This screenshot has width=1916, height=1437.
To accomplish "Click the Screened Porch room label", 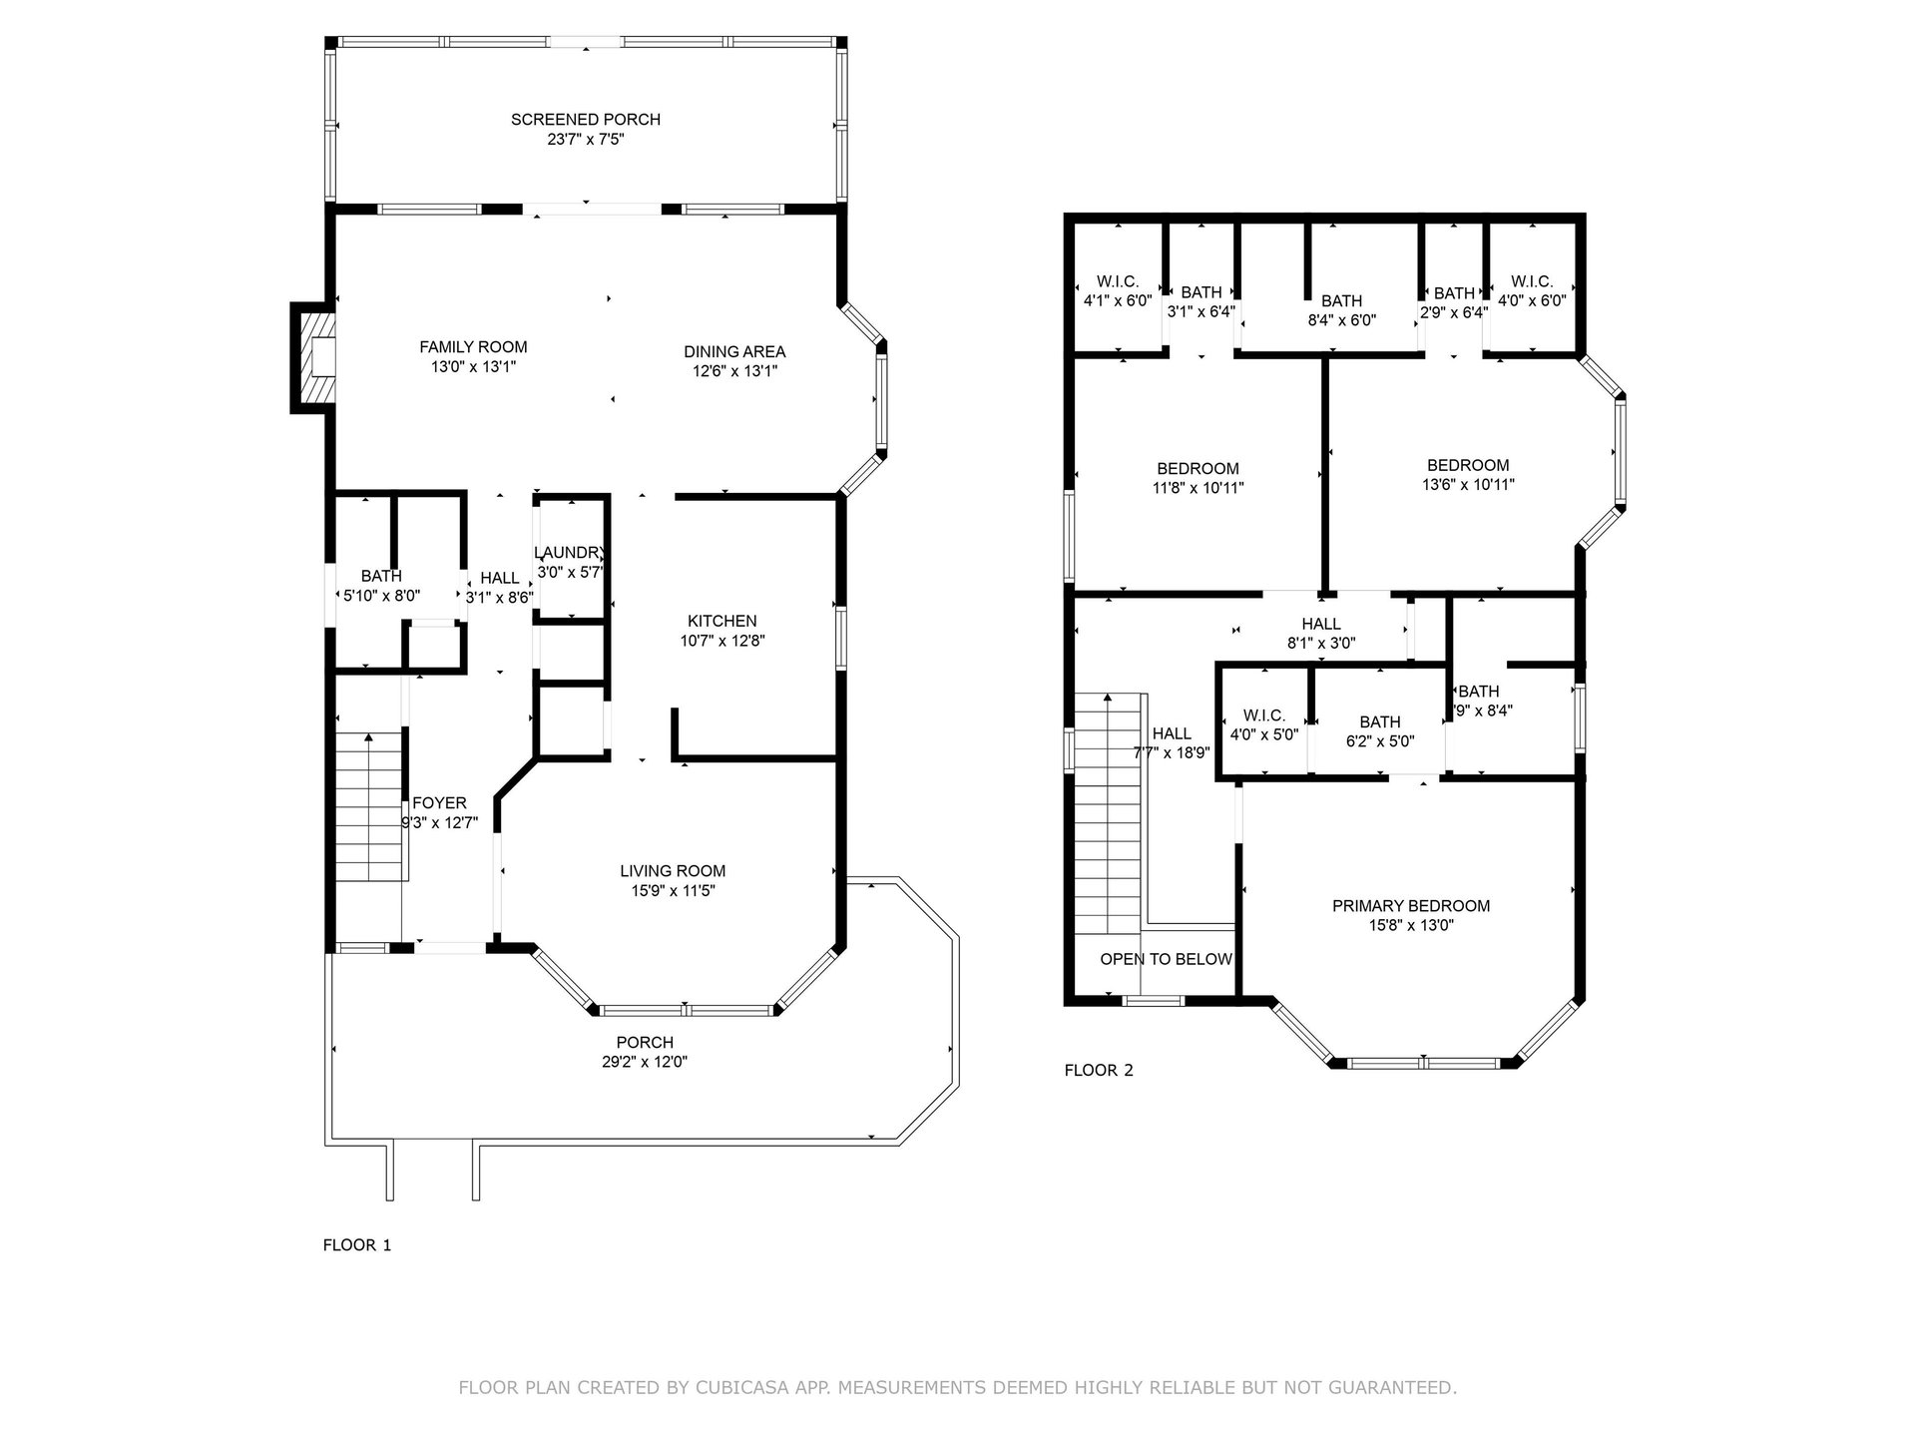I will (586, 120).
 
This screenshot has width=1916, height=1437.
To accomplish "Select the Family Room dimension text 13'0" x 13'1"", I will (473, 367).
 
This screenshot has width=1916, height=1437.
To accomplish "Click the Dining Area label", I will (734, 351).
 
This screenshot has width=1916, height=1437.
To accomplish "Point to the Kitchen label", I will (721, 621).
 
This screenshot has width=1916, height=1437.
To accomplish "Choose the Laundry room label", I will (570, 553).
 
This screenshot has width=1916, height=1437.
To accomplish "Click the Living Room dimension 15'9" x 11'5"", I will (673, 891).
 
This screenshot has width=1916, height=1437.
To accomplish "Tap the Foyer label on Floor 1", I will (439, 803).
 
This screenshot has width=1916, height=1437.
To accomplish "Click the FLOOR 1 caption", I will (357, 1245).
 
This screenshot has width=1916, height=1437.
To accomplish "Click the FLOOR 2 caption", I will (1099, 1071).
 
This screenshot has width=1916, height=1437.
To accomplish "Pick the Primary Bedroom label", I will (1411, 906).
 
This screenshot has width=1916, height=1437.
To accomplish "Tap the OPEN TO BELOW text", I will (1166, 959).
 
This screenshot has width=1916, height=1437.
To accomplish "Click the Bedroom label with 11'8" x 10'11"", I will (1197, 469).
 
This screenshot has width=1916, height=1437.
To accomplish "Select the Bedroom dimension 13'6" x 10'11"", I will (1468, 485).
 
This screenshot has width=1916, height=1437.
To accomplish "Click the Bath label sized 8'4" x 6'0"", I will (1341, 300).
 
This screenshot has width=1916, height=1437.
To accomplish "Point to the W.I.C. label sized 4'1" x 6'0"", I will (1117, 281).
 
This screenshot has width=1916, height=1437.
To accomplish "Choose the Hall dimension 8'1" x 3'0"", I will (1320, 644).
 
